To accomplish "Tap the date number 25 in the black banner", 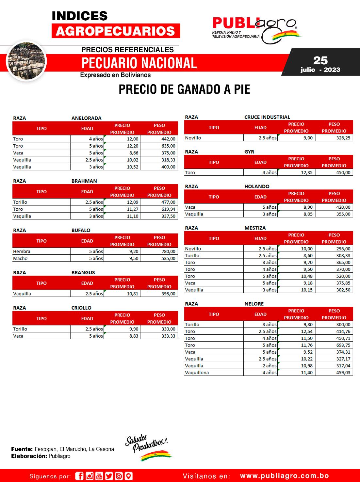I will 320,60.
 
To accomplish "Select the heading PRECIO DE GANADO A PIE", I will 184,89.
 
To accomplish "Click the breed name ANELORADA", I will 86,118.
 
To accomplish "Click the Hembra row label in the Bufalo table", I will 22,251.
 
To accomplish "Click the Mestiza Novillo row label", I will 193,249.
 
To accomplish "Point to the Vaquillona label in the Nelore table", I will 197,373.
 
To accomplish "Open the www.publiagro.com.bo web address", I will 284,476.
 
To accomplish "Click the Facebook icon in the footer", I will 79,476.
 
